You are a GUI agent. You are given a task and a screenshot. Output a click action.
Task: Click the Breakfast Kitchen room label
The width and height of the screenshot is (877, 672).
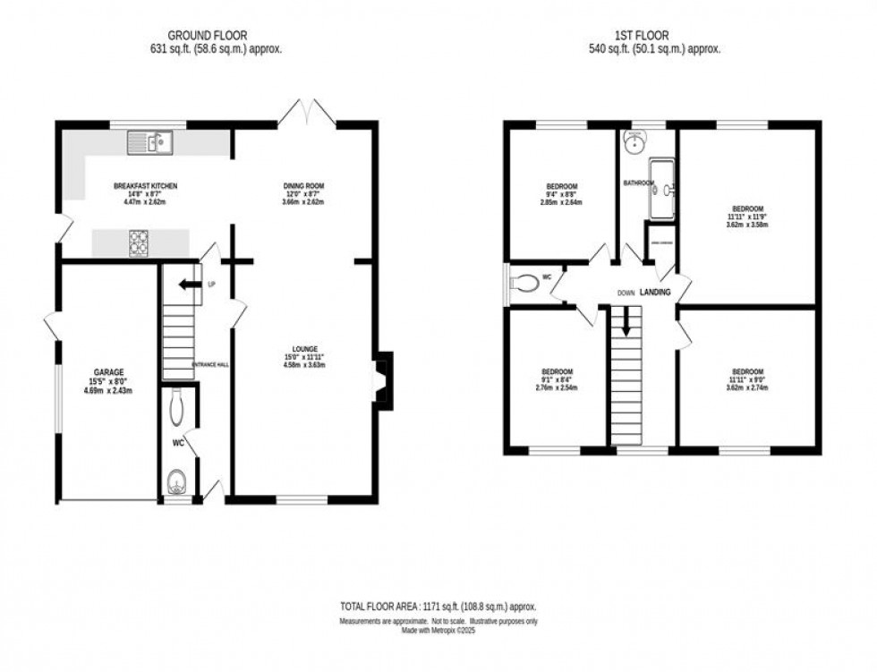(x=146, y=193)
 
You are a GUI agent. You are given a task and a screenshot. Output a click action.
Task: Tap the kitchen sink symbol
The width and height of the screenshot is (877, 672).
(x=149, y=141)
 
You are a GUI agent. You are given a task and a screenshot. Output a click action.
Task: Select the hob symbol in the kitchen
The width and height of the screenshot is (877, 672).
(x=140, y=242)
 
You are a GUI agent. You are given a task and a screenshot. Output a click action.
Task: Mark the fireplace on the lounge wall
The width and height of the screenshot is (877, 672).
(x=382, y=381)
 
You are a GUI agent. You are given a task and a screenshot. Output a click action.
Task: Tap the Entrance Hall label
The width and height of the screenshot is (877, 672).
(x=210, y=363)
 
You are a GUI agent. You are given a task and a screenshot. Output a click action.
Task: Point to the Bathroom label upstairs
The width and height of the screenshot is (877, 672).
(x=639, y=183)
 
